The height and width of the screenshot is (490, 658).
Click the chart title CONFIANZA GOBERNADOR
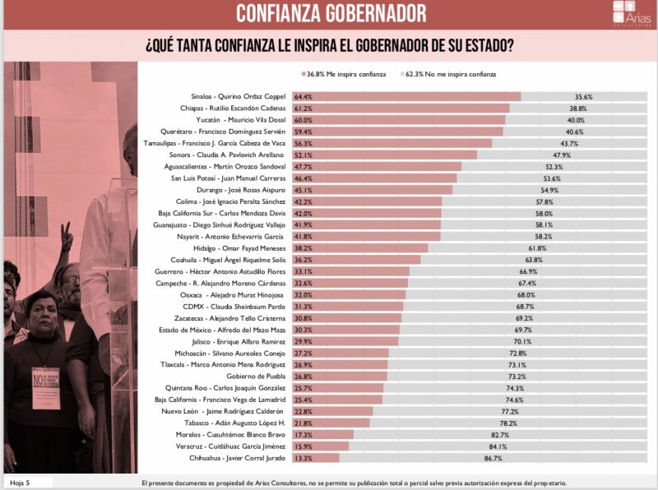[x=331, y=14]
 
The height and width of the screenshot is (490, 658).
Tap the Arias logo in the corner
[x=630, y=14]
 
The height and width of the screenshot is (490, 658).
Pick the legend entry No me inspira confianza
[x=450, y=74]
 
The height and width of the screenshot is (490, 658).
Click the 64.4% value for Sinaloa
[x=303, y=96]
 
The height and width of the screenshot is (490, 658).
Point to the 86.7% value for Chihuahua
[x=493, y=458]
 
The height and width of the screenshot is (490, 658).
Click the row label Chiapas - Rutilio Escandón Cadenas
[x=232, y=109]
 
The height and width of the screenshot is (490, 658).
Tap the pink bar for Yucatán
[x=403, y=120]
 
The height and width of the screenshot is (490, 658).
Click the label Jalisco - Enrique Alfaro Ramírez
[x=240, y=341]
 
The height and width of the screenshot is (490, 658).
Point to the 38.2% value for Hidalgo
[x=303, y=247]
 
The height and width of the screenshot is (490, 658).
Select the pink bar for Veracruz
[x=321, y=446]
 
